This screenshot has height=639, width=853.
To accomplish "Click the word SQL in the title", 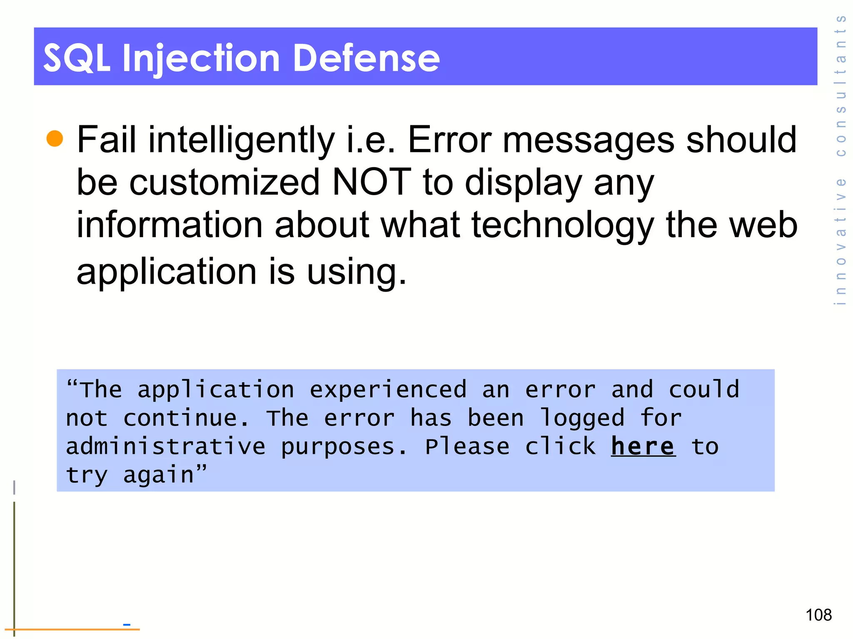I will pos(77,58).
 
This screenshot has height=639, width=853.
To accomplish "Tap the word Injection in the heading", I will pos(201,58).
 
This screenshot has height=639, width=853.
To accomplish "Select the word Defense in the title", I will pos(367,58).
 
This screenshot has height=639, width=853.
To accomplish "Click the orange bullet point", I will pos(55,139).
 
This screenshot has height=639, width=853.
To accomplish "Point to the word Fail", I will pos(107,140).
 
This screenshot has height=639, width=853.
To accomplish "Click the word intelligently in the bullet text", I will pos(242,141).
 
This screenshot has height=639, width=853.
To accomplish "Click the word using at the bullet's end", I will pos(356,272).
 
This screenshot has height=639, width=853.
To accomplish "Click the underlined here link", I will pos(643,446).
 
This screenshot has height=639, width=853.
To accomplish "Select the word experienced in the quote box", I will pos(388,390).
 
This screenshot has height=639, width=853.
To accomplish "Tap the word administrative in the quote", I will pos(166,447).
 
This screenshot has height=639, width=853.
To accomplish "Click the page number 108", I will pos(818,615).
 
